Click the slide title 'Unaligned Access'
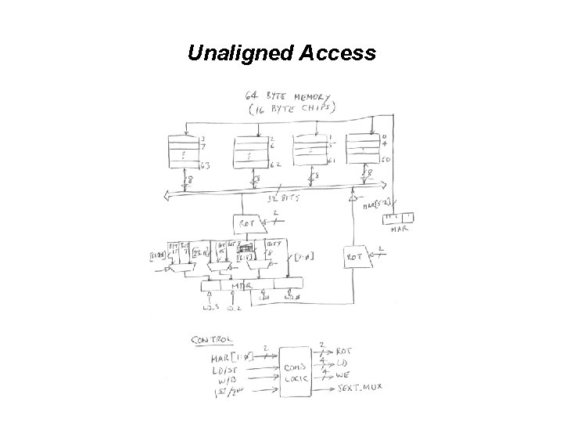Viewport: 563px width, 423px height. coord(281,53)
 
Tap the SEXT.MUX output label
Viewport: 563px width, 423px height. coord(359,389)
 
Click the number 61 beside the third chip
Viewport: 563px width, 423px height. coord(331,161)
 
